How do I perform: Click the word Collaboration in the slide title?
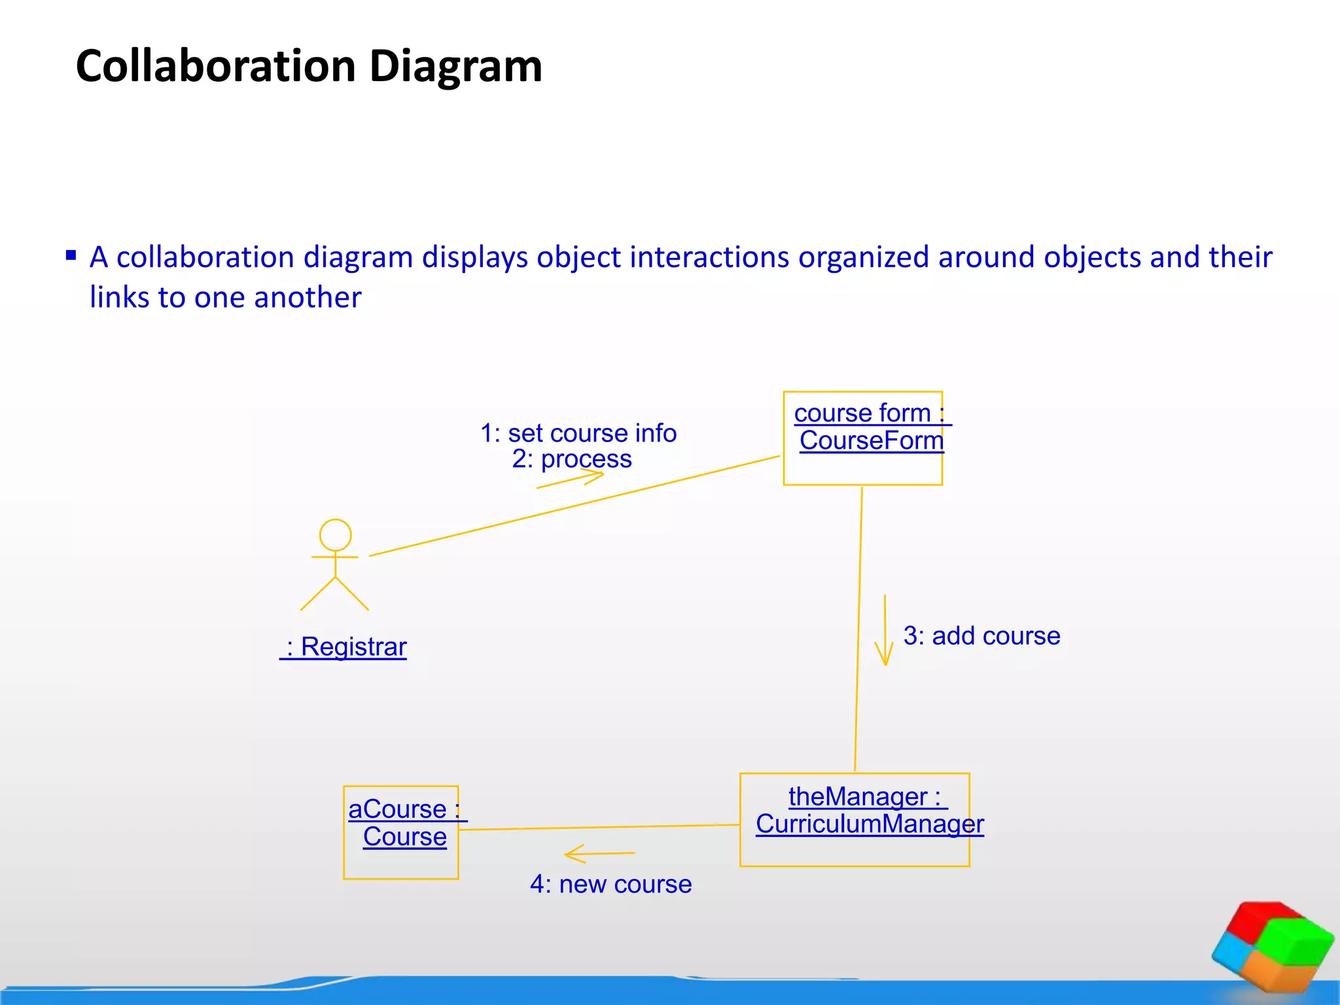[x=216, y=67]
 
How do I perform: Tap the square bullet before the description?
[x=71, y=255]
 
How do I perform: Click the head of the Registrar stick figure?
[x=335, y=535]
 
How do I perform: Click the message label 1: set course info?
[x=578, y=433]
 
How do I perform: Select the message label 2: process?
[x=572, y=459]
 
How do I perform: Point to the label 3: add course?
[x=981, y=636]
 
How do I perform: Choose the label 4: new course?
[x=610, y=885]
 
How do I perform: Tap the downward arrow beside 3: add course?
[x=885, y=631]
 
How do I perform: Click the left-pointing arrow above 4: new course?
[x=599, y=854]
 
